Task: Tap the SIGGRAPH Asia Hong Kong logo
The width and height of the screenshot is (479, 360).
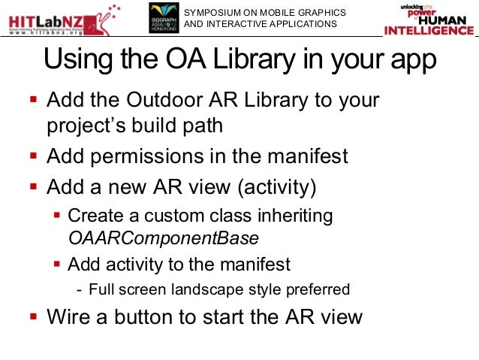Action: tap(163, 18)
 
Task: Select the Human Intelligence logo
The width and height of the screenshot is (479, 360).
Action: tap(429, 19)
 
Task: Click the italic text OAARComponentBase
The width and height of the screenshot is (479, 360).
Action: tap(163, 238)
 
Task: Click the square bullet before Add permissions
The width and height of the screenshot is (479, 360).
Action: tap(32, 157)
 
